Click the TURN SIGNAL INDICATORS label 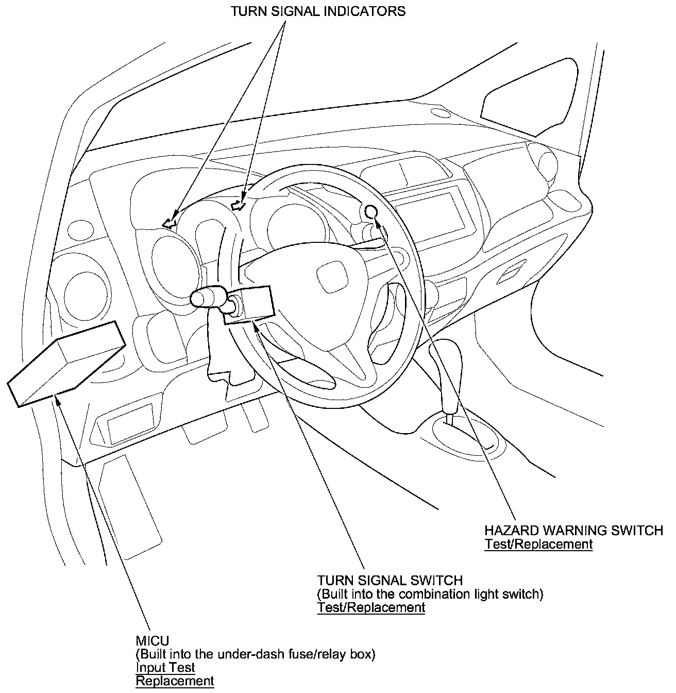click(318, 11)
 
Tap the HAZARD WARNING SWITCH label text click(573, 531)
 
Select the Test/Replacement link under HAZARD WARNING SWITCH click(538, 544)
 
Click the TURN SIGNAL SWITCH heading click(390, 580)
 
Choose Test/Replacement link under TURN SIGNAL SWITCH click(371, 607)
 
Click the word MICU click(152, 641)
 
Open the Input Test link click(165, 668)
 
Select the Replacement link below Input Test click(175, 681)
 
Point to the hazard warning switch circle click(372, 211)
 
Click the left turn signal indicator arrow click(169, 223)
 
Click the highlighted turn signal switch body click(248, 305)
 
